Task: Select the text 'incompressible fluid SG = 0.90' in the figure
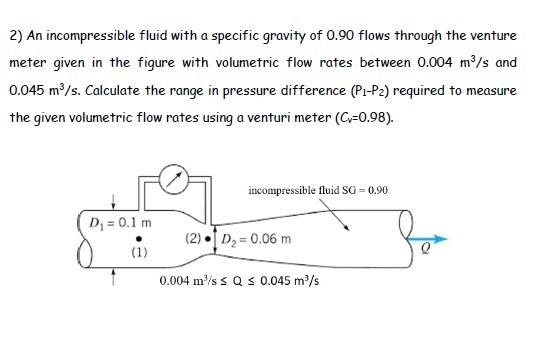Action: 317,190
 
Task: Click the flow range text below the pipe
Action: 239,282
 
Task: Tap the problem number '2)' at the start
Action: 15,36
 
